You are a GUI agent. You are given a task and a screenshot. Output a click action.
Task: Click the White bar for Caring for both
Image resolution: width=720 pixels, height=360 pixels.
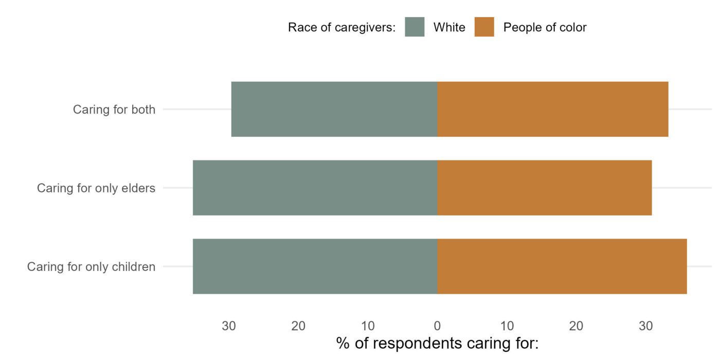[334, 109]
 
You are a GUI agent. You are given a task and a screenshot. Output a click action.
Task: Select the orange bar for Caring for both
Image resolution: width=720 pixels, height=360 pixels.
[553, 109]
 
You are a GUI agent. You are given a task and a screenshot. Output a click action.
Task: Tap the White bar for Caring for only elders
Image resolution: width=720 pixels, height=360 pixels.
[315, 188]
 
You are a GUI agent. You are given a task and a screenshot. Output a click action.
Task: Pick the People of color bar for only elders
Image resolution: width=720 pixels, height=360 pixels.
[545, 188]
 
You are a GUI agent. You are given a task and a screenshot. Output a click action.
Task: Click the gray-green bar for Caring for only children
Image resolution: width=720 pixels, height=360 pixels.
[315, 266]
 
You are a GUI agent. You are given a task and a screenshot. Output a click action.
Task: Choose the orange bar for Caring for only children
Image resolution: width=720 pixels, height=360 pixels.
[562, 266]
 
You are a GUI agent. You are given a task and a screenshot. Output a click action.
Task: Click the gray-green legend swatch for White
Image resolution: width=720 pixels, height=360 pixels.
[415, 27]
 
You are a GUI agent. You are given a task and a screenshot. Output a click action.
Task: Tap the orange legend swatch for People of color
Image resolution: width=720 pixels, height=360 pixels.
[484, 27]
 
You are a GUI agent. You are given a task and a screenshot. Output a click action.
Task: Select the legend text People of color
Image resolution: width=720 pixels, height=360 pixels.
[545, 27]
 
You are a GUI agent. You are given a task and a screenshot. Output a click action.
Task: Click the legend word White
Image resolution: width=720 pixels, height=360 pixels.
[449, 27]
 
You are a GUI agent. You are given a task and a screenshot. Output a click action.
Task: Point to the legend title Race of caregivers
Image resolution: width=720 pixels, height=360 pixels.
[341, 27]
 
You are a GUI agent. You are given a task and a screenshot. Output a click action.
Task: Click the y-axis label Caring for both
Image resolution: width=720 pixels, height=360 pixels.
[114, 110]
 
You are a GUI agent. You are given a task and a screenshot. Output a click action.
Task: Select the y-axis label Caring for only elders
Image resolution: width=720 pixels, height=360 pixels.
[96, 188]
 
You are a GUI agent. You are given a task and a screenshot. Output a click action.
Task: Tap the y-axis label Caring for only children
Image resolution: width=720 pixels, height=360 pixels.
[91, 267]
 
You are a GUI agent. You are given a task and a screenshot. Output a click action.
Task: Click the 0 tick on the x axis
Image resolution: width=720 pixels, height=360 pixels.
[437, 326]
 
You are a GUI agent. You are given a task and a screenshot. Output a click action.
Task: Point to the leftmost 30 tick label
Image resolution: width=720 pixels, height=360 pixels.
[229, 326]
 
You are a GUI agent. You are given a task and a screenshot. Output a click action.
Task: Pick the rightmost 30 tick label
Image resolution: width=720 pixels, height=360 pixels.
[645, 326]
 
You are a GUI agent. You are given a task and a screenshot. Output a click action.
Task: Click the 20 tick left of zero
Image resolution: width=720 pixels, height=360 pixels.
[298, 326]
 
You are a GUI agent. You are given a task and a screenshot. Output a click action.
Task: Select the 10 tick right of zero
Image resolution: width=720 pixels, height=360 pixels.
[507, 326]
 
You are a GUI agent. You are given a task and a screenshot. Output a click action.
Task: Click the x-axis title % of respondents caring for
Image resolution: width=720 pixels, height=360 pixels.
[437, 343]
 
